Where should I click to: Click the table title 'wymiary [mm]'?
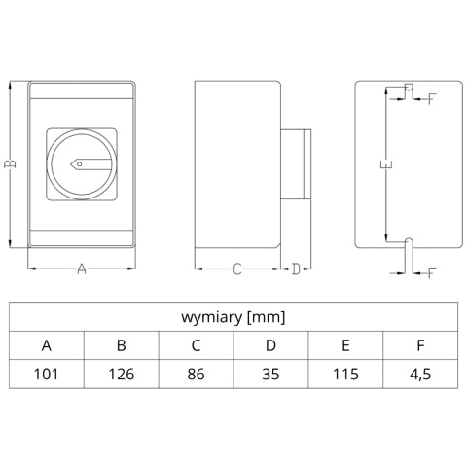233,317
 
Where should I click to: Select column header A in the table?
47,345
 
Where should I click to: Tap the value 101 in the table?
47,374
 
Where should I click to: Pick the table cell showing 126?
122,374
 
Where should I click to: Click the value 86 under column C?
196,374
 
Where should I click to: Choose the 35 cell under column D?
270,374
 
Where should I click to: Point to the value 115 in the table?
345,374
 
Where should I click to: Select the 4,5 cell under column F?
420,375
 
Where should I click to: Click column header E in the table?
345,345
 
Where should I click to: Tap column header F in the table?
420,345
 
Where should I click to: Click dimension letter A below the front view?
82,269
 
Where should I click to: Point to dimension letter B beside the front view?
10,163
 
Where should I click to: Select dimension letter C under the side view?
237,269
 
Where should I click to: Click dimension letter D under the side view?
296,269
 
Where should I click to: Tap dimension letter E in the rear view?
386,164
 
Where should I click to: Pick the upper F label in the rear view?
432,98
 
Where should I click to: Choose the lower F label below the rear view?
432,272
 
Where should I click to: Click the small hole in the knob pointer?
80,164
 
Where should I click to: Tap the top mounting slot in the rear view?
409,88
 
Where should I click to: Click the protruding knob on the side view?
296,164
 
